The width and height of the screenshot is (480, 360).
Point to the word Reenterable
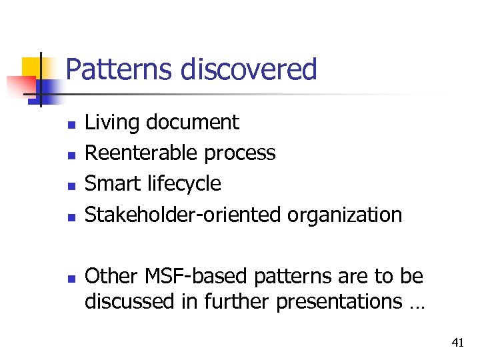(x=141, y=153)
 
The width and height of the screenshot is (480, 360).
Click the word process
(x=240, y=154)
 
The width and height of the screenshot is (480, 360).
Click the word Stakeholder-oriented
(x=184, y=215)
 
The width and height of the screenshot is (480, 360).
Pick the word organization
(x=345, y=215)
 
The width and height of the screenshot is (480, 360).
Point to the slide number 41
(x=457, y=343)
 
